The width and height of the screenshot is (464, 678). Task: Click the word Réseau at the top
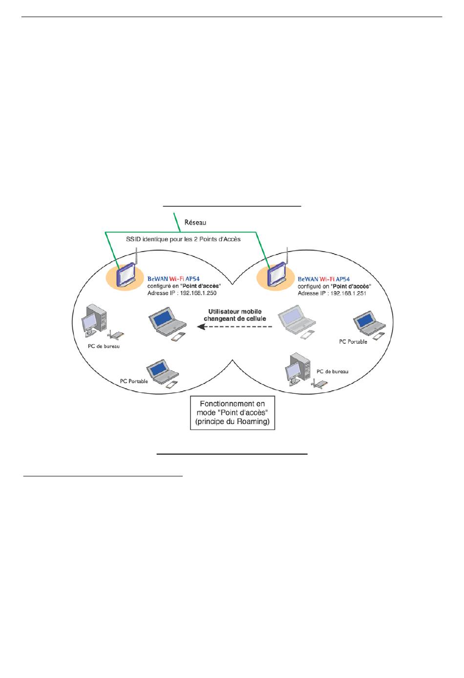[195, 222]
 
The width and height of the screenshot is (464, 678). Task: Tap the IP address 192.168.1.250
[198, 293]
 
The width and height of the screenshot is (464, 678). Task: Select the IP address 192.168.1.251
[348, 293]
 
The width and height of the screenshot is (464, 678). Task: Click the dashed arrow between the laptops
[234, 327]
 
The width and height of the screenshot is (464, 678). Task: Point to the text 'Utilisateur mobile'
[235, 312]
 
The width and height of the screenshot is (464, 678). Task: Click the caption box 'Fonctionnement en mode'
[232, 413]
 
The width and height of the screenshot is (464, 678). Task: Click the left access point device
[126, 274]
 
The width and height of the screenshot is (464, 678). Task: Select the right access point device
[276, 274]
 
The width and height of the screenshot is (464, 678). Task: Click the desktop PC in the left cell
[94, 320]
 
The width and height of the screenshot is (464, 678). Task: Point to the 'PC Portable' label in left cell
[134, 381]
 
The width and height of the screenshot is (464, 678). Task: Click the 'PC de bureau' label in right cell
[332, 371]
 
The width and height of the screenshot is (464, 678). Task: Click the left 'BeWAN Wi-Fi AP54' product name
[173, 279]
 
